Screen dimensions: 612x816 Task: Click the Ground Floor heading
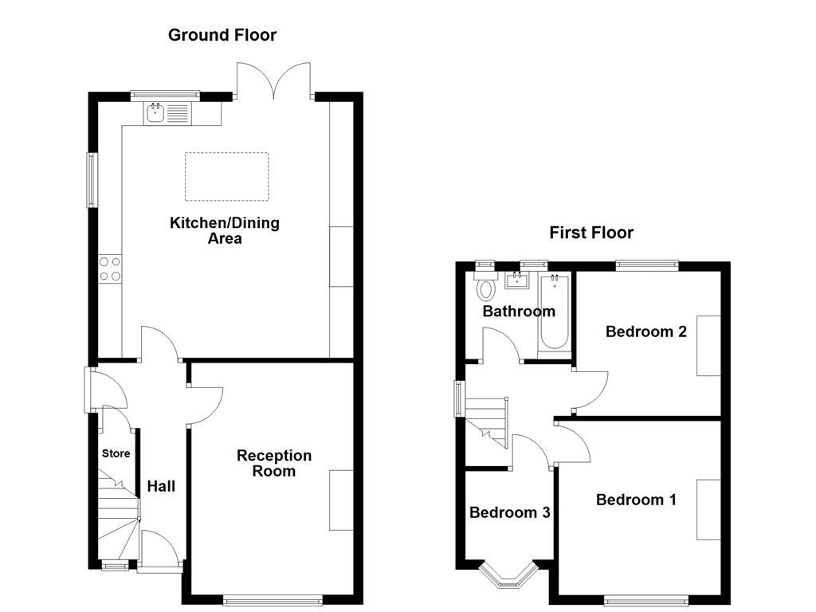222,35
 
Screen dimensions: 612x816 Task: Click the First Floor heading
590,233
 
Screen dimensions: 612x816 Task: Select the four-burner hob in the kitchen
110,268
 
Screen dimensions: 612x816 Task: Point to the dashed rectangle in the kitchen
226,177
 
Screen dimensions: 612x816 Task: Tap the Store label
116,453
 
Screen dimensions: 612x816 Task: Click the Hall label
161,486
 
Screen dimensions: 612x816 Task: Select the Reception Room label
273,463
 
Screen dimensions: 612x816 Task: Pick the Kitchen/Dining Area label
225,230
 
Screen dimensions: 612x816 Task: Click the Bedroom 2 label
645,331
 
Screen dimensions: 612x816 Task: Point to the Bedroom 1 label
636,500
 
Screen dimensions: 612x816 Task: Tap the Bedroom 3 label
509,512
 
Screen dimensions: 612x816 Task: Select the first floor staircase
486,422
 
